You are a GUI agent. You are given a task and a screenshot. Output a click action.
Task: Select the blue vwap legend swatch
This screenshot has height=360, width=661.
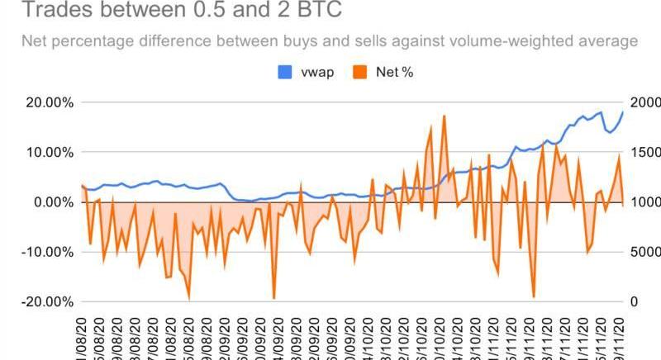pyautogui.click(x=283, y=73)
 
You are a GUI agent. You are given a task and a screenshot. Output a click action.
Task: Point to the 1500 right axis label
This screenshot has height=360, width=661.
pyautogui.click(x=643, y=153)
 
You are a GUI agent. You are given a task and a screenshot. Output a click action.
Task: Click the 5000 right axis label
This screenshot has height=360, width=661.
pyautogui.click(x=643, y=252)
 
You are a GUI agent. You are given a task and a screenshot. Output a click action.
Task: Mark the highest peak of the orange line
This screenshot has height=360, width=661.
pyautogui.click(x=444, y=116)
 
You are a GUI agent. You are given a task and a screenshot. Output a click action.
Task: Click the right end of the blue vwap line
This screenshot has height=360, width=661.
pyautogui.click(x=622, y=111)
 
